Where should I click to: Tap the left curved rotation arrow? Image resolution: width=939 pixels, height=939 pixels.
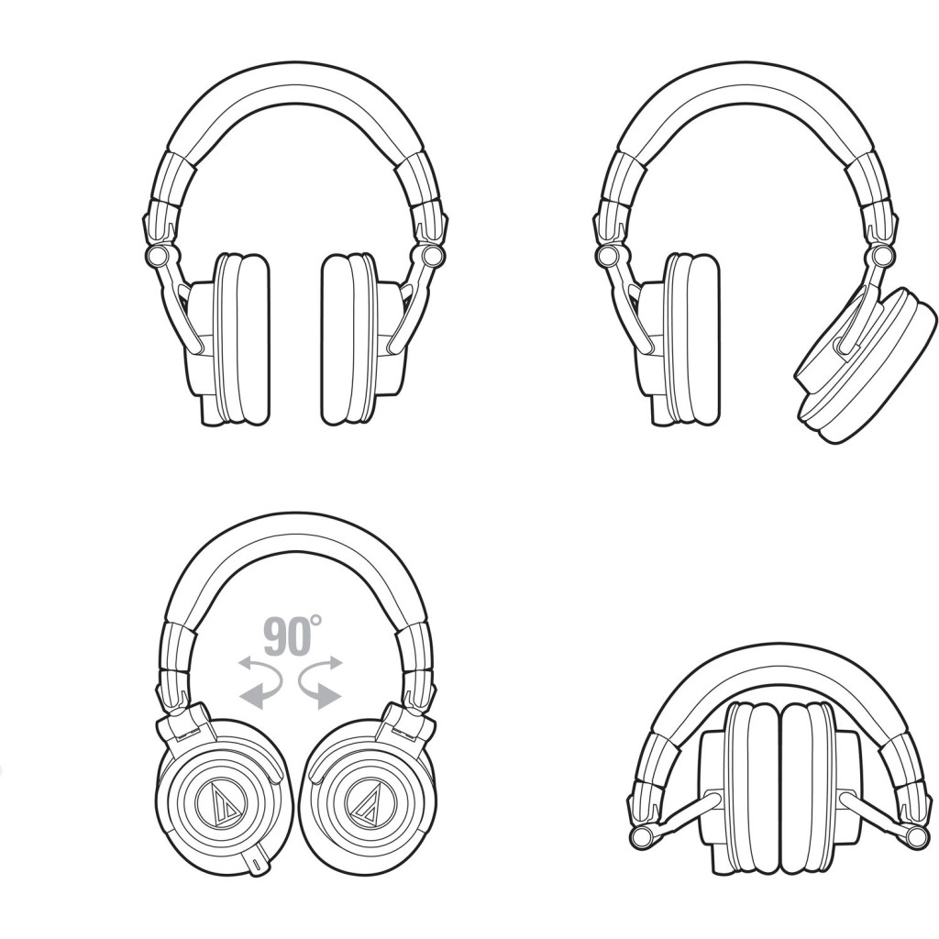[x=260, y=682]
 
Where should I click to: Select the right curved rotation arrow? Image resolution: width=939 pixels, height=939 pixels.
[x=320, y=682]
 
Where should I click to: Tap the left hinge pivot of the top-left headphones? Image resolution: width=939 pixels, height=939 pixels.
[x=157, y=255]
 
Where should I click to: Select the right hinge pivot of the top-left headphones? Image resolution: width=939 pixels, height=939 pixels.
[x=429, y=255]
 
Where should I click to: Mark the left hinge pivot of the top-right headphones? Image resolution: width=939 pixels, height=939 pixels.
[x=609, y=255]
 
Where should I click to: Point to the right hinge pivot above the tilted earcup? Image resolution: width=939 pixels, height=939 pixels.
[x=881, y=257]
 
